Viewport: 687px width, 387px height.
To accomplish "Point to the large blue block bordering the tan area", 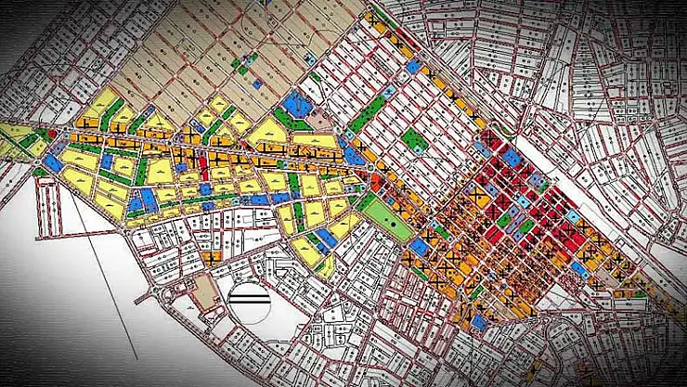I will (x=296, y=105).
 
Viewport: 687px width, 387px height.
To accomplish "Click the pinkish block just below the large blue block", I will (x=318, y=122).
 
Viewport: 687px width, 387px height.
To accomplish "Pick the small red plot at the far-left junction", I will (x=40, y=134).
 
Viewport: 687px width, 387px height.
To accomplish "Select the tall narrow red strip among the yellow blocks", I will (x=203, y=169).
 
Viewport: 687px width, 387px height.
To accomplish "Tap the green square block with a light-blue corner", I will (x=414, y=141).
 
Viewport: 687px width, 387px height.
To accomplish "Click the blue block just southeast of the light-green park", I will (x=420, y=247).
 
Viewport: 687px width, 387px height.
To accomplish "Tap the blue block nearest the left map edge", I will (x=52, y=162).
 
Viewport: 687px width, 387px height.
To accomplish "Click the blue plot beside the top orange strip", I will (x=412, y=67).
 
